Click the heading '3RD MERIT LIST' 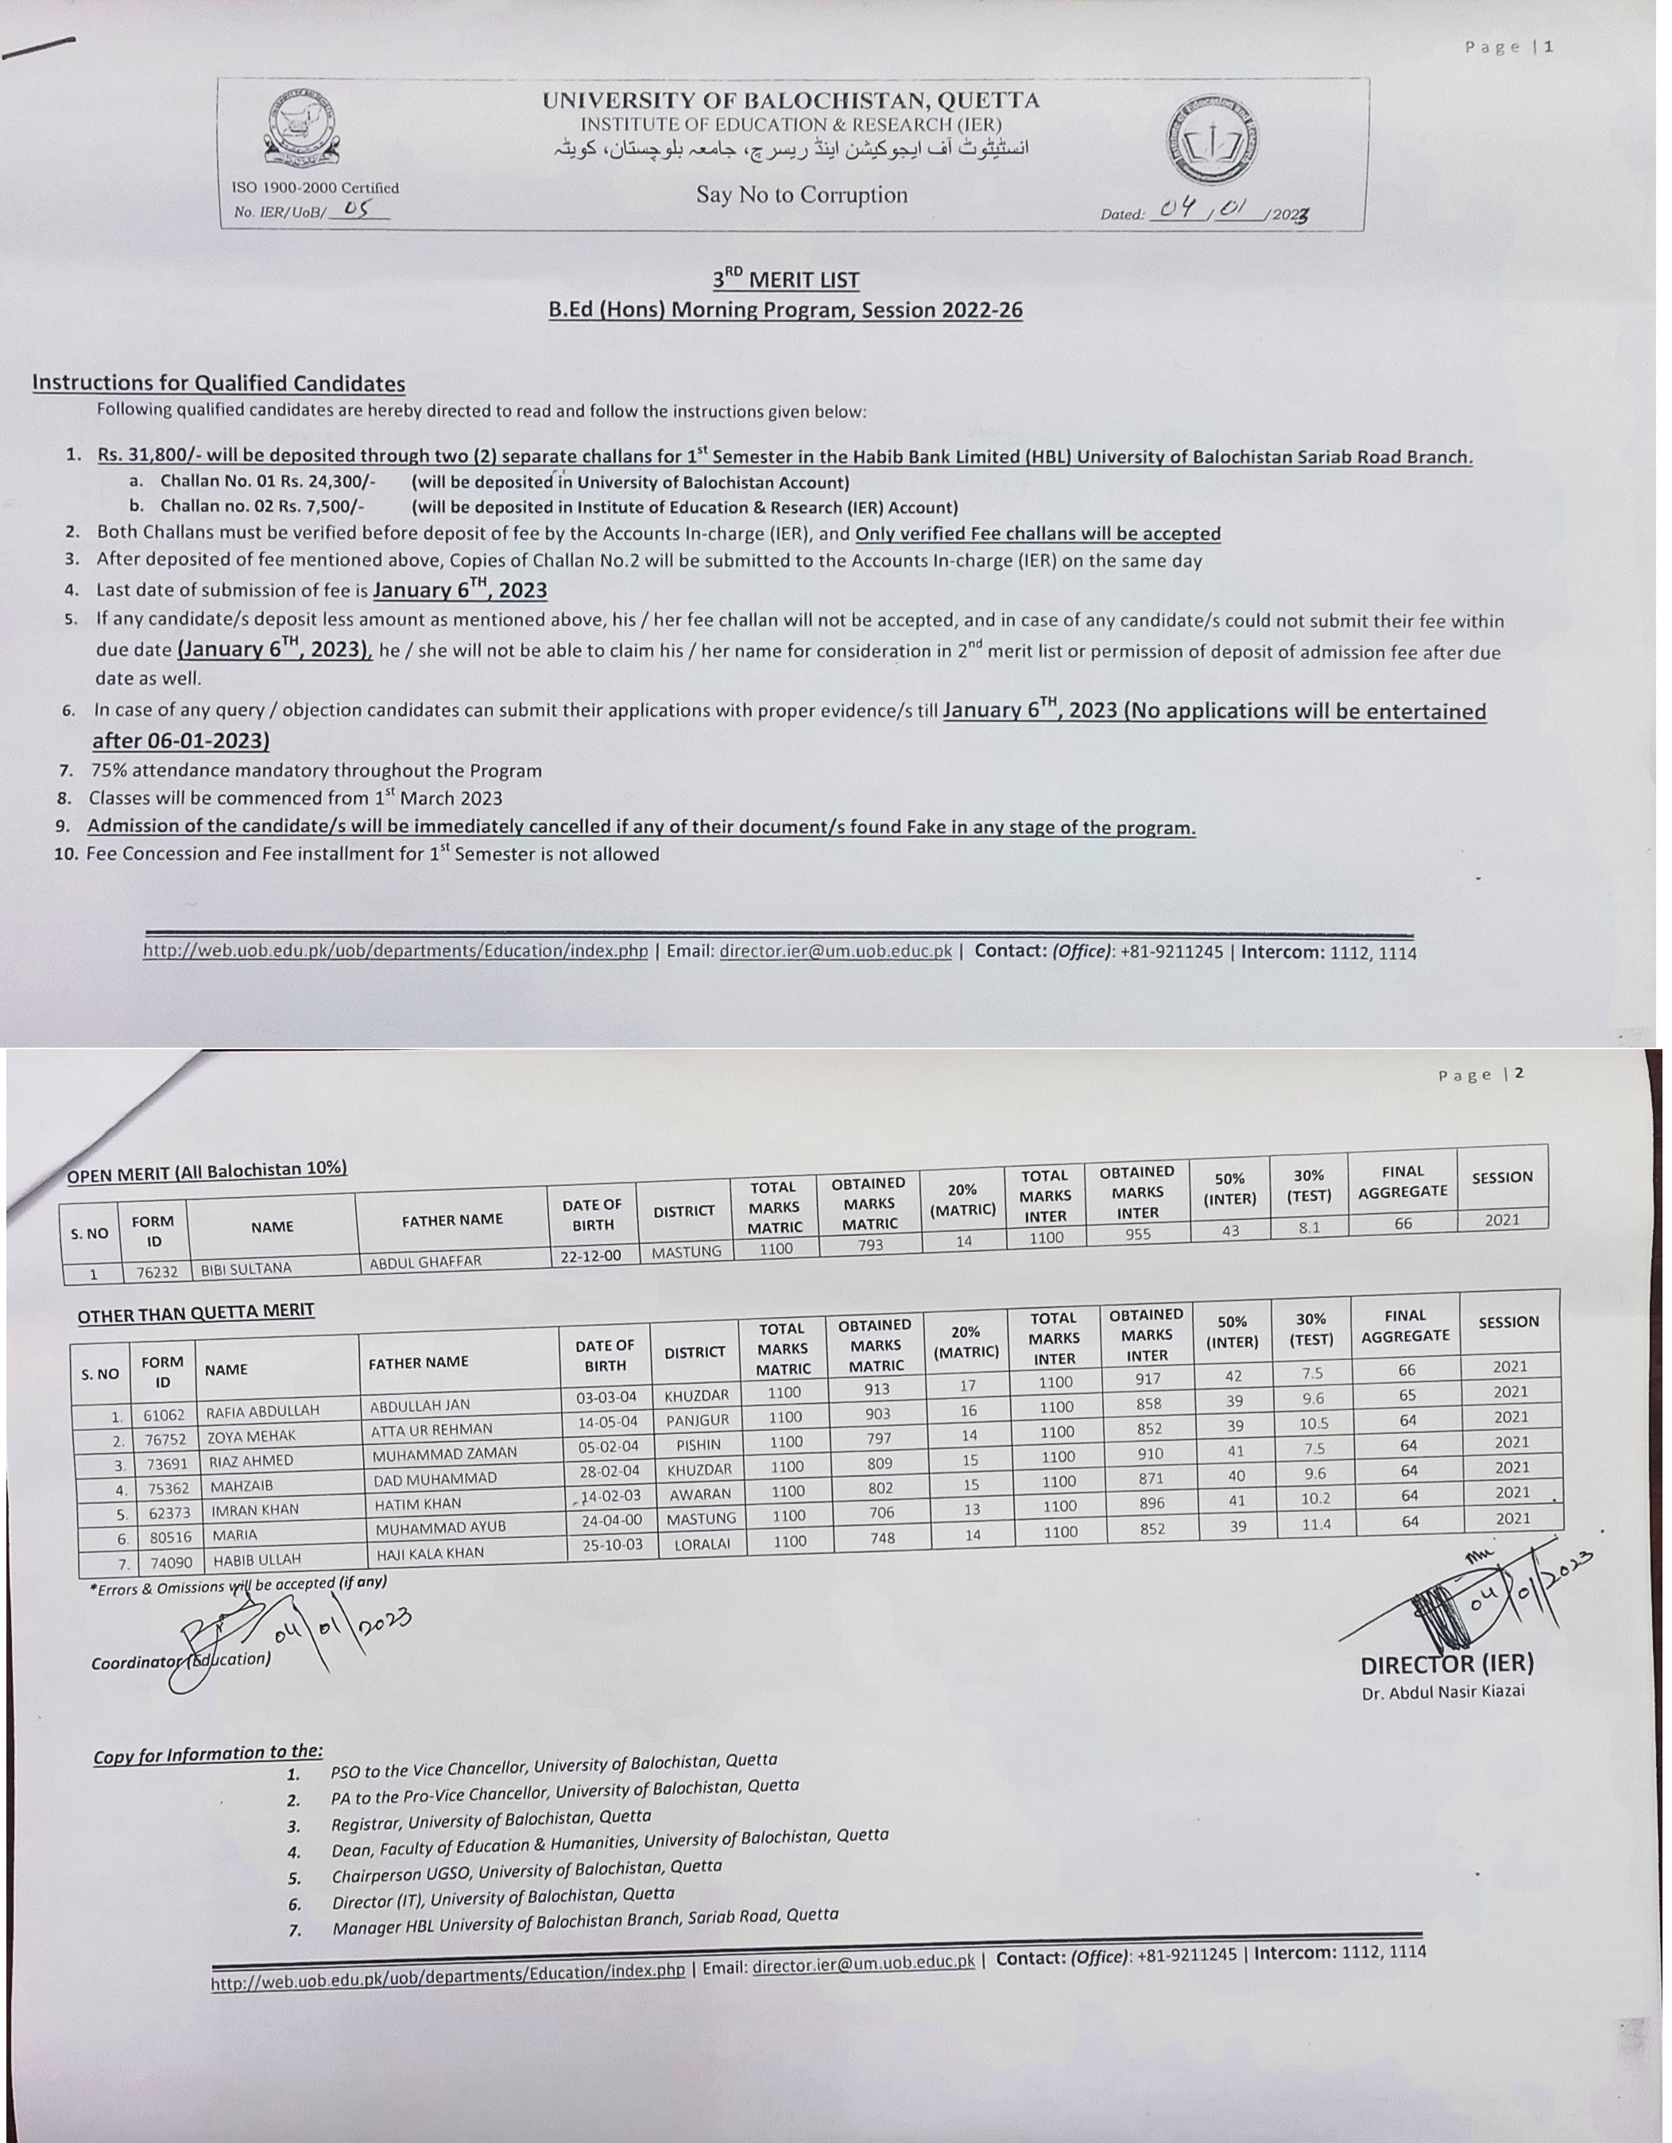(x=785, y=280)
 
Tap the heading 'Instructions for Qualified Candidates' (x=218, y=382)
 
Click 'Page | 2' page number (x=1480, y=1075)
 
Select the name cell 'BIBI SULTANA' (x=246, y=1269)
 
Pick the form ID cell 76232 (x=157, y=1272)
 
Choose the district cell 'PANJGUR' (x=698, y=1420)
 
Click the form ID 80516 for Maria (x=171, y=1537)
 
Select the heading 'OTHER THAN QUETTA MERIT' (x=196, y=1312)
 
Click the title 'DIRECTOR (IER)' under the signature (x=1446, y=1664)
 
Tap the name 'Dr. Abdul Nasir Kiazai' (x=1442, y=1692)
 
